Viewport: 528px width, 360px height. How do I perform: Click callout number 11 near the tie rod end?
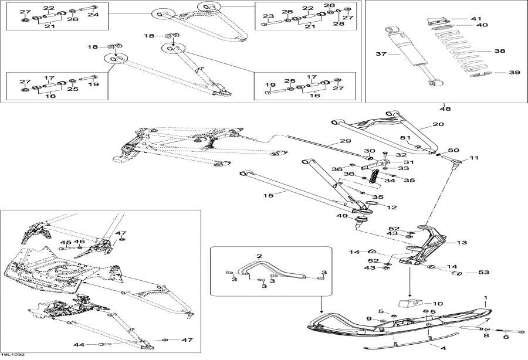coord(474,158)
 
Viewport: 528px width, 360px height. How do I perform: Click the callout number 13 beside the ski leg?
coord(462,242)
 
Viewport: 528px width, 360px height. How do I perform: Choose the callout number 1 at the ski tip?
coord(485,298)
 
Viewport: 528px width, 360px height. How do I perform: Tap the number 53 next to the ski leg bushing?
coord(483,272)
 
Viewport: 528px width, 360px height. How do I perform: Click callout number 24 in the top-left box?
coord(94,15)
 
